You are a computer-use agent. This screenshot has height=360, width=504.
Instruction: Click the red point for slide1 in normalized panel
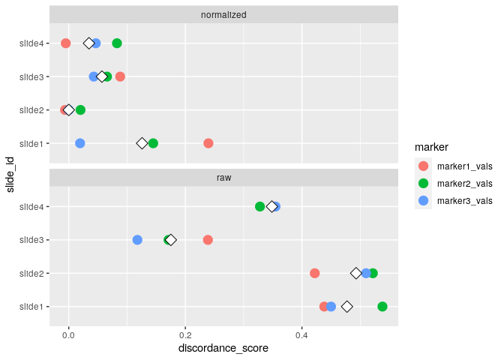click(208, 143)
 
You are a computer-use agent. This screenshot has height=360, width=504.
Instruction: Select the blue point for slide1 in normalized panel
click(80, 143)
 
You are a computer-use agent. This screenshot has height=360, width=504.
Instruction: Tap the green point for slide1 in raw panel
click(382, 307)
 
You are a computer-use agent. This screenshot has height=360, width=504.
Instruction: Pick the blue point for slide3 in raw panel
click(137, 240)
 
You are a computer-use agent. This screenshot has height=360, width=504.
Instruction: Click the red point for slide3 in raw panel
click(208, 240)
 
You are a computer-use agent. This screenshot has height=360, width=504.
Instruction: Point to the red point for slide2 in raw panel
click(315, 273)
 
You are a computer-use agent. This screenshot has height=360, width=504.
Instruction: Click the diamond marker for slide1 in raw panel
click(347, 307)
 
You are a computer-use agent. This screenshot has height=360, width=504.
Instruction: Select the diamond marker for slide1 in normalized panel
click(142, 143)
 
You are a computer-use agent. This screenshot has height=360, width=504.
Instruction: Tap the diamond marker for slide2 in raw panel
click(356, 273)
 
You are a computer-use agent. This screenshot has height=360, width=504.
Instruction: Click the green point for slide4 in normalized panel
click(117, 43)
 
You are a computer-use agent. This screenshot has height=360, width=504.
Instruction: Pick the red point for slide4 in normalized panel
click(65, 43)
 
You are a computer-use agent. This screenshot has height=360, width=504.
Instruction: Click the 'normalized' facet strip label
click(224, 15)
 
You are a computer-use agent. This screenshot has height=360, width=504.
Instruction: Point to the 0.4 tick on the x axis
click(302, 334)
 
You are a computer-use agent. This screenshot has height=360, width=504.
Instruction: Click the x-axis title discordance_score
click(224, 349)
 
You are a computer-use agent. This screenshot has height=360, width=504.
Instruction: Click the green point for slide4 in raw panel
click(260, 206)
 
